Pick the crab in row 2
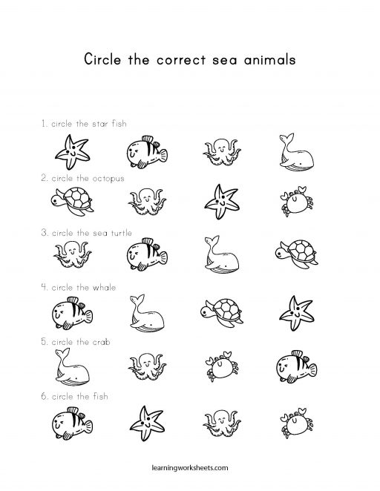(292, 200)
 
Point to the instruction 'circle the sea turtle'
(87, 233)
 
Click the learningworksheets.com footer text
(190, 469)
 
